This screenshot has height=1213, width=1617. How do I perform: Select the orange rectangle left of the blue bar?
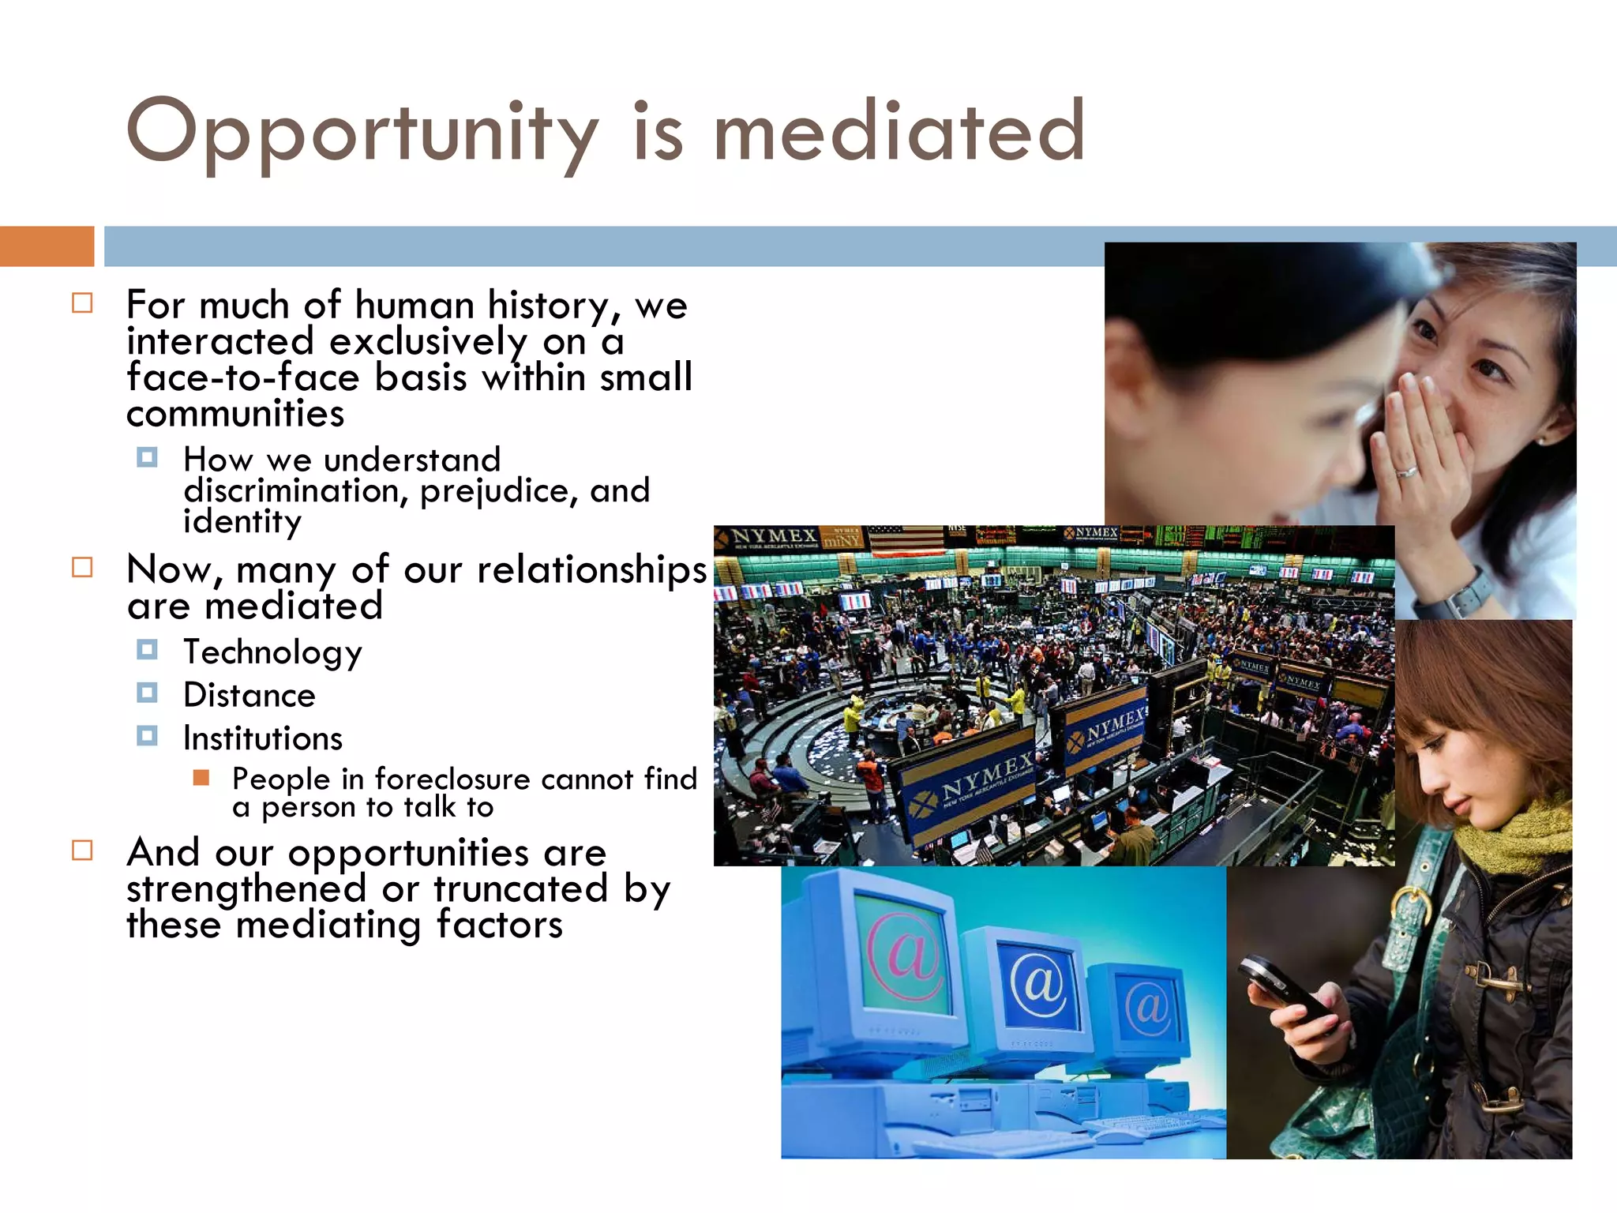pos(47,246)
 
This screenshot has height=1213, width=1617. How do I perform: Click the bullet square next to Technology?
pos(147,650)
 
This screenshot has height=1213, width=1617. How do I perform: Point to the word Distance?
pos(249,695)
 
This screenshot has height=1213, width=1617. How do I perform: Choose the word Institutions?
pos(263,738)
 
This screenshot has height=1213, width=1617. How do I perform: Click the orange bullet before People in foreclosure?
pos(201,778)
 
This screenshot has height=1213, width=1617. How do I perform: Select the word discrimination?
pos(291,490)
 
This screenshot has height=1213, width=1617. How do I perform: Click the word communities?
pos(235,414)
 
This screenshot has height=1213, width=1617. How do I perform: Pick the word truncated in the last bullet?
pos(520,888)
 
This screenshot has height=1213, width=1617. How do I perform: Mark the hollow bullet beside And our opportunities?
pos(82,851)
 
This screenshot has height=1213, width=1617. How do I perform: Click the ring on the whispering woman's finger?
pos(1408,471)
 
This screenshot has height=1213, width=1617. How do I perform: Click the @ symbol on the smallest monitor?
pos(1148,1007)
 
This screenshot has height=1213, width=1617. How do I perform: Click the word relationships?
pos(591,569)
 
